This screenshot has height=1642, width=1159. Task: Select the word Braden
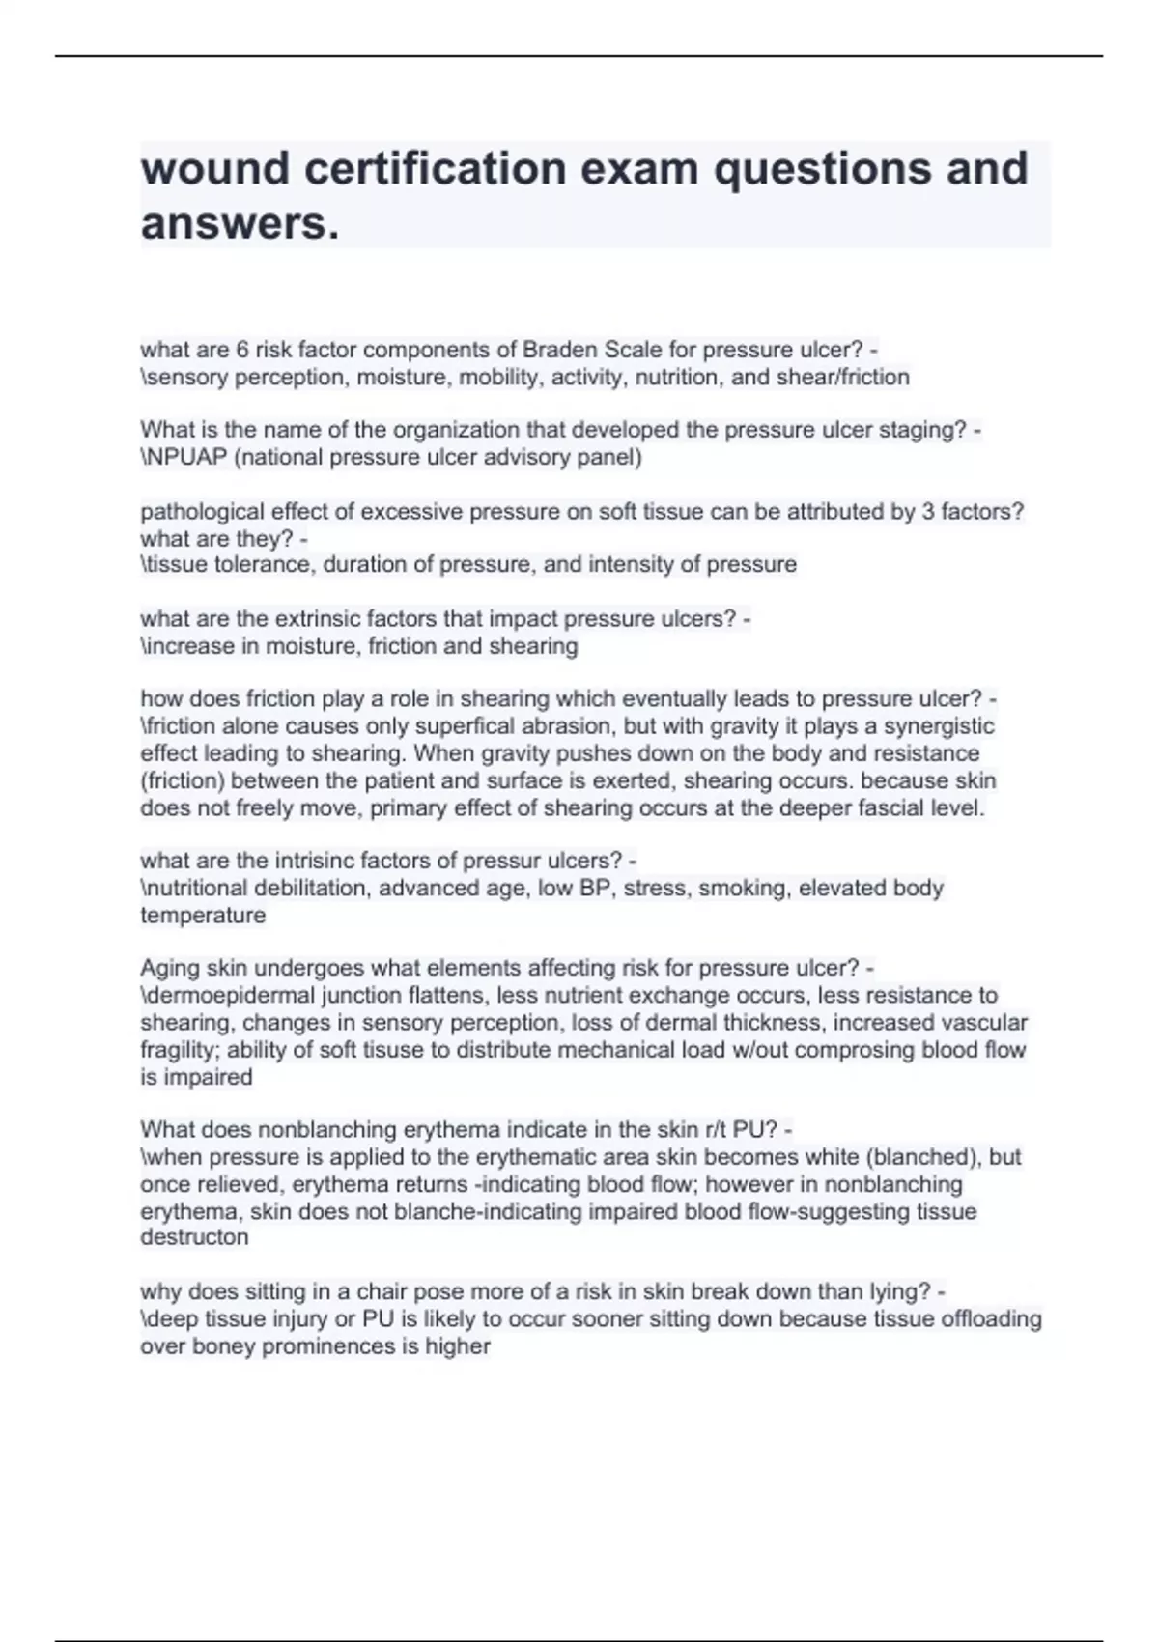pyautogui.click(x=559, y=350)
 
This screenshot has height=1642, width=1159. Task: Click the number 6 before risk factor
pyautogui.click(x=242, y=350)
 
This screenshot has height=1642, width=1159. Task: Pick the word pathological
pyautogui.click(x=203, y=512)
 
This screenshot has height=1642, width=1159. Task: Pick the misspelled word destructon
pyautogui.click(x=194, y=1238)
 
